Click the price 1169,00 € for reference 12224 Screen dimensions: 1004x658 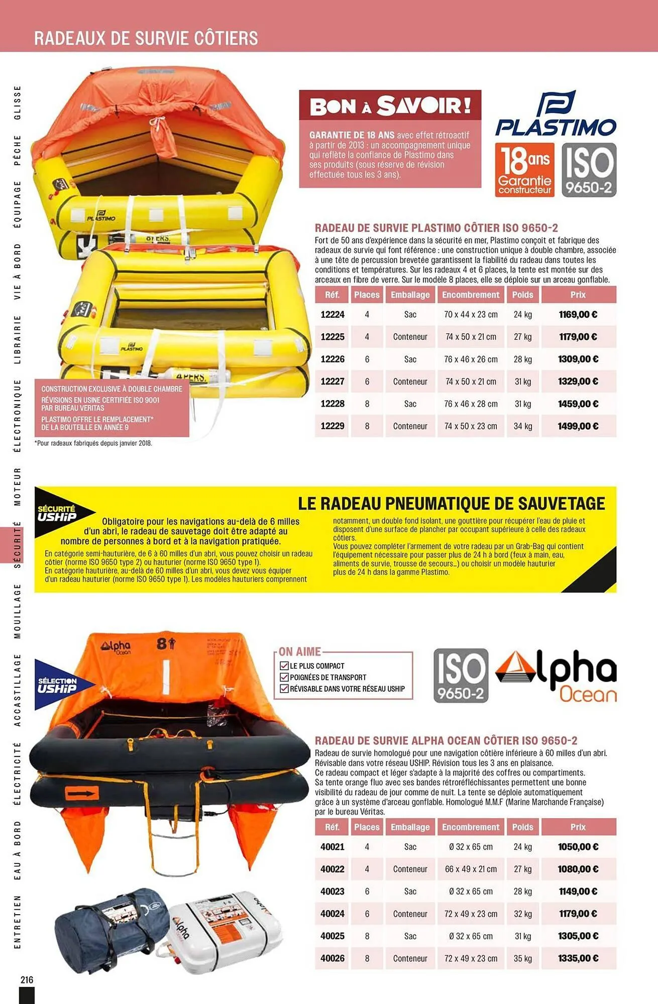tap(578, 315)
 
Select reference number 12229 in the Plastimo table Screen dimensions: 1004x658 tap(333, 426)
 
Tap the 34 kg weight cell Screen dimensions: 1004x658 tap(522, 426)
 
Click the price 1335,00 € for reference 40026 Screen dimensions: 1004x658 tap(578, 958)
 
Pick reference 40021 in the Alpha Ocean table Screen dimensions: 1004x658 tap(333, 847)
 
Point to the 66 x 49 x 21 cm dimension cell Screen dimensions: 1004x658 tap(471, 869)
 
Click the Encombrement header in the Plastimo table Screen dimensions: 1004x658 tap(471, 295)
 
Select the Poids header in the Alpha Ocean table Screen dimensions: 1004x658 tap(522, 827)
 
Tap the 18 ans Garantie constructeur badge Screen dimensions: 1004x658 tap(524, 170)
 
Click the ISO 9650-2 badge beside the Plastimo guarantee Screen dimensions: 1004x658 tap(589, 170)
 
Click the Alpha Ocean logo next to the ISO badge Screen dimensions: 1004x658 tap(557, 676)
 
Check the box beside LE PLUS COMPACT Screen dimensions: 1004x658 tap(284, 666)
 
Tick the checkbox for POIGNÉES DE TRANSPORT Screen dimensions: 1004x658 tap(284, 677)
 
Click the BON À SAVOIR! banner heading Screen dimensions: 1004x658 tap(390, 106)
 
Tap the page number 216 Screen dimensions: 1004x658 tap(27, 979)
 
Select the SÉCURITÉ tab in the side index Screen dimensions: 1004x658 tap(18, 544)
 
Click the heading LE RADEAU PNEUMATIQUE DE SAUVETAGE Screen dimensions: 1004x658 tap(451, 504)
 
